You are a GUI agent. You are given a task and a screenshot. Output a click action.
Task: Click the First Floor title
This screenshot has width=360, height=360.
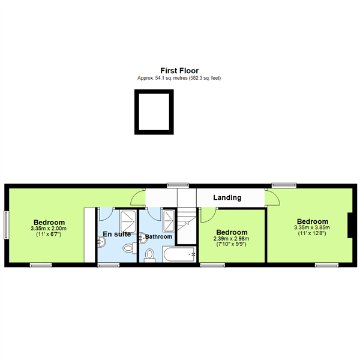click(179, 70)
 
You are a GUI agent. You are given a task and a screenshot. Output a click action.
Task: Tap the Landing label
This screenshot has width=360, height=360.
click(227, 197)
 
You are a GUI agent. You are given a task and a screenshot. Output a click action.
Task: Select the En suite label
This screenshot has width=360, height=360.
click(117, 234)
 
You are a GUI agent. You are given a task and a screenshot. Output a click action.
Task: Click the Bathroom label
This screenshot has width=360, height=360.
click(158, 236)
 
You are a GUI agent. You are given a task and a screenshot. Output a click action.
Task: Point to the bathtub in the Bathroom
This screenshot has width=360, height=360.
click(179, 254)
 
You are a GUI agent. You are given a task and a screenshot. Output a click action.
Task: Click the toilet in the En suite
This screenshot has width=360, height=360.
click(130, 248)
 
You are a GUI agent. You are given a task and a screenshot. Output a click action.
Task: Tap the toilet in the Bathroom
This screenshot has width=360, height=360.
click(149, 256)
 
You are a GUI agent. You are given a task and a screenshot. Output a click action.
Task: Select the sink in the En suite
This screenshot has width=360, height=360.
click(101, 242)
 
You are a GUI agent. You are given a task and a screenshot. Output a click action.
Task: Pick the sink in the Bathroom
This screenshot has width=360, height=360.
click(143, 239)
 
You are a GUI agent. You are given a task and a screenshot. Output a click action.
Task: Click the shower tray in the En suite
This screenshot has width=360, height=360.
click(128, 221)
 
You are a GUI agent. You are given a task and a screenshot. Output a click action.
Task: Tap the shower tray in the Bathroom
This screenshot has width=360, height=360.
click(169, 221)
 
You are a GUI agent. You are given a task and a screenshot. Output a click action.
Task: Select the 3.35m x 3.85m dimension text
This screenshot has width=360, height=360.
click(312, 227)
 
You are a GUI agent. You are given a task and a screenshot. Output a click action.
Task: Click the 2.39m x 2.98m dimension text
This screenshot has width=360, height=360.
click(231, 239)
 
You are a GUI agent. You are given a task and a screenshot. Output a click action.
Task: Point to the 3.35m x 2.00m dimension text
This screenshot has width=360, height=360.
click(49, 229)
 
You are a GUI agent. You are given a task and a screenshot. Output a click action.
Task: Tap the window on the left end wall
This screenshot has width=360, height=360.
click(6, 225)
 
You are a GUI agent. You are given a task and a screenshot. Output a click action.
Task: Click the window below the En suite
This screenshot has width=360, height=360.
click(109, 265)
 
